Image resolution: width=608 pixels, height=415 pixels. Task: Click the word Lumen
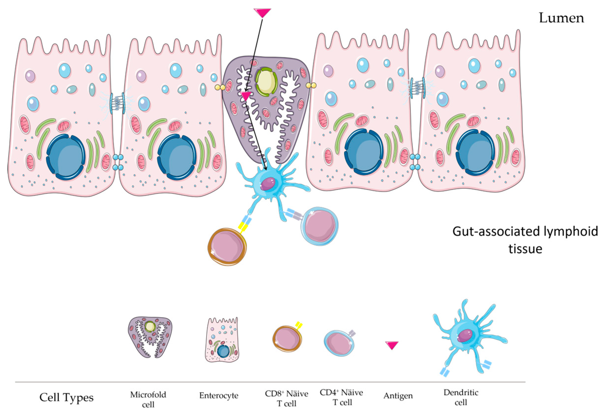pyautogui.click(x=561, y=18)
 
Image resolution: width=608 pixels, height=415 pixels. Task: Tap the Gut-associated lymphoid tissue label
pyautogui.click(x=525, y=240)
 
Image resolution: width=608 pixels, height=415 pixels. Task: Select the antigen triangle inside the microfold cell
pyautogui.click(x=246, y=96)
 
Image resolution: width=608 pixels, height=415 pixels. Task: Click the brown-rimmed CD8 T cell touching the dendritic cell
pyautogui.click(x=227, y=246)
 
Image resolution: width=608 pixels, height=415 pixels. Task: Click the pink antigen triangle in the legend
pyautogui.click(x=392, y=345)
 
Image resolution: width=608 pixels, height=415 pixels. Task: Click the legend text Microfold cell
pyautogui.click(x=148, y=399)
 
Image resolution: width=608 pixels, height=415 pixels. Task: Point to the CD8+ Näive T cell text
pyautogui.click(x=286, y=398)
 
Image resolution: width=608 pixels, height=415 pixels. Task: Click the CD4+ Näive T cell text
pyautogui.click(x=342, y=397)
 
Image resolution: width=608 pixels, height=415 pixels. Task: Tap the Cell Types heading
pyautogui.click(x=66, y=397)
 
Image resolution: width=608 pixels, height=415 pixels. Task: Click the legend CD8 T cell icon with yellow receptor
pyautogui.click(x=287, y=338)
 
